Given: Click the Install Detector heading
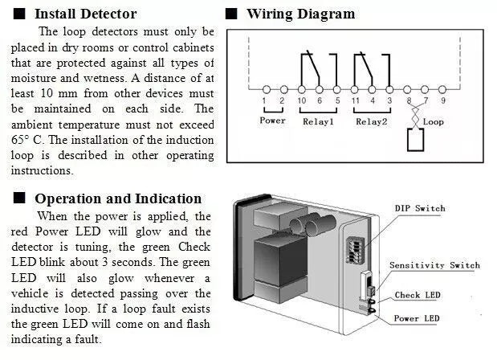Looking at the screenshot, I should (x=85, y=14).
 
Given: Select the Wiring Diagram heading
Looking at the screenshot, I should (x=300, y=14).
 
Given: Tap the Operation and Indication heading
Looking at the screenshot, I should (x=118, y=198).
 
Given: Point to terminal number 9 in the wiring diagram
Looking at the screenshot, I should (x=442, y=100).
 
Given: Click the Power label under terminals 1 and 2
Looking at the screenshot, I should (x=273, y=121).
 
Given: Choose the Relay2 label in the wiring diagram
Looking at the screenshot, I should (x=372, y=121).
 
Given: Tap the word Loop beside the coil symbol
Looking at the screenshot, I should (x=434, y=122).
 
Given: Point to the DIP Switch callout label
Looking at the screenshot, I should (x=419, y=208).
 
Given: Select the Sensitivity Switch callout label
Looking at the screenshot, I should (x=434, y=265).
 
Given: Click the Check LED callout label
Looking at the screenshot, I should (x=417, y=295).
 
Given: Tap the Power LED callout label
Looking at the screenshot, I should (x=416, y=319).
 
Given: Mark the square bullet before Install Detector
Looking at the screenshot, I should (x=19, y=14).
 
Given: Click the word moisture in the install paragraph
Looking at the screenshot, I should (x=35, y=79).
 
